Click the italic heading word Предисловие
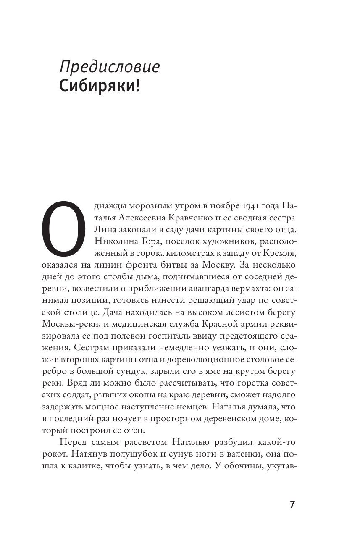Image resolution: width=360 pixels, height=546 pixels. click(110, 67)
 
